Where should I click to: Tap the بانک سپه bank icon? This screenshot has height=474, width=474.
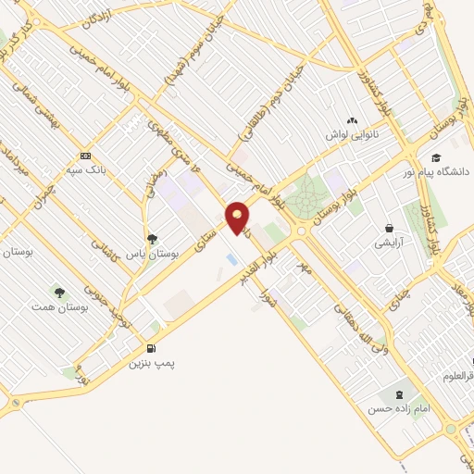point(85,156)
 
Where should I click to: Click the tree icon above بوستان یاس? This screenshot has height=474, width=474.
point(153,238)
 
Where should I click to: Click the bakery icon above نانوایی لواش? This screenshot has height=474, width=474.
point(351,121)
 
